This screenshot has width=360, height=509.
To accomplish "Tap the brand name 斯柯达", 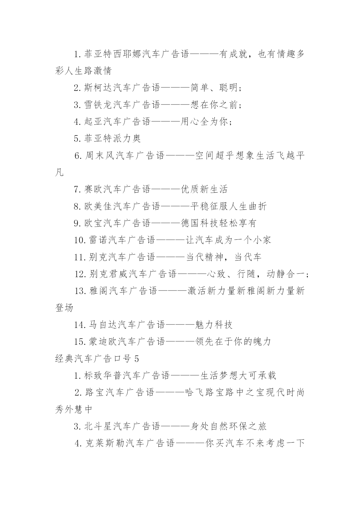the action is tap(98, 88).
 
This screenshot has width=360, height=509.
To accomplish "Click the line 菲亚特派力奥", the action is tap(108, 138).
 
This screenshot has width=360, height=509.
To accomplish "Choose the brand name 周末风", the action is tap(100, 156).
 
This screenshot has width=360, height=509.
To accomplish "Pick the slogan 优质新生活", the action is tap(204, 189).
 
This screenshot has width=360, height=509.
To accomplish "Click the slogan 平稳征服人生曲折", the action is tap(228, 206).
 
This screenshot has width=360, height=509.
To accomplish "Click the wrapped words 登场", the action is tap(64, 308).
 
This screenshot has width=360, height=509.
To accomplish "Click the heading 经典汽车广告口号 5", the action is tap(97, 359).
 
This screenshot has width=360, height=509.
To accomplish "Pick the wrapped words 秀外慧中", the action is tap(74, 409).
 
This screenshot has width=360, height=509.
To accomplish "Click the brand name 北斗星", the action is tap(98, 426).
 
